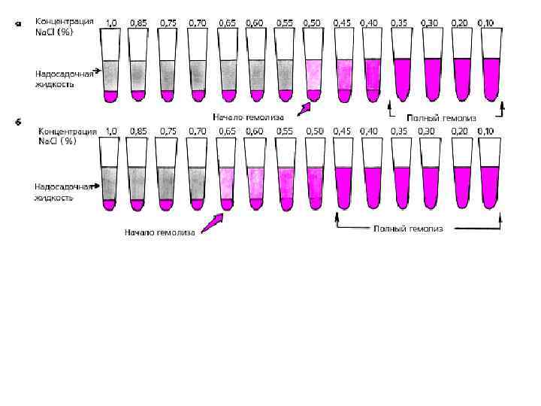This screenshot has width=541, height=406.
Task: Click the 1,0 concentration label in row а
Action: pos(111,23)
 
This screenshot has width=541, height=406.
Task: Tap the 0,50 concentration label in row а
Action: pos(313,23)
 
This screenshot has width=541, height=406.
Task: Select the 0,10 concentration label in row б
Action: pos(485,132)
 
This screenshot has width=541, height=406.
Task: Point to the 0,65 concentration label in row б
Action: pos(227,132)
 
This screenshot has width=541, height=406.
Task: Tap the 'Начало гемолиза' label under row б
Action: pos(159,232)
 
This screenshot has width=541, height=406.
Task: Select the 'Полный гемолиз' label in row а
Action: pos(441,118)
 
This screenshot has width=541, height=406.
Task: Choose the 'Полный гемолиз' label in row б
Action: pos(408,228)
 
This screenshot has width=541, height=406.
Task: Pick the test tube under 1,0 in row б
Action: pos(110,177)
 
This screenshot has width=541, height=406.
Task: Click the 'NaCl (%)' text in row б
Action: pos(57,141)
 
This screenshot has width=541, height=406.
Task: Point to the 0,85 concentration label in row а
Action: pos(138,23)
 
